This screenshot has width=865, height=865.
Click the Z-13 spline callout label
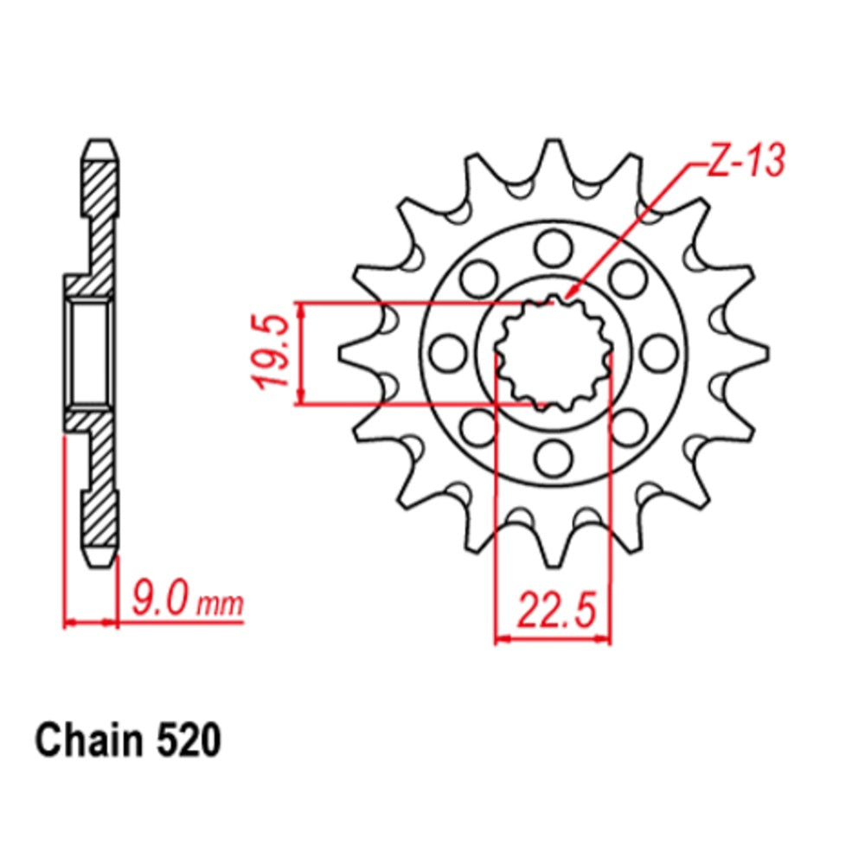point(744,162)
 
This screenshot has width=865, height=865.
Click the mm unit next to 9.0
point(220,603)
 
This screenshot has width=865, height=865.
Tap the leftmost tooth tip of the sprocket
point(343,352)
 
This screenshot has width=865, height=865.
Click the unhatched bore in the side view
point(89,353)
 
